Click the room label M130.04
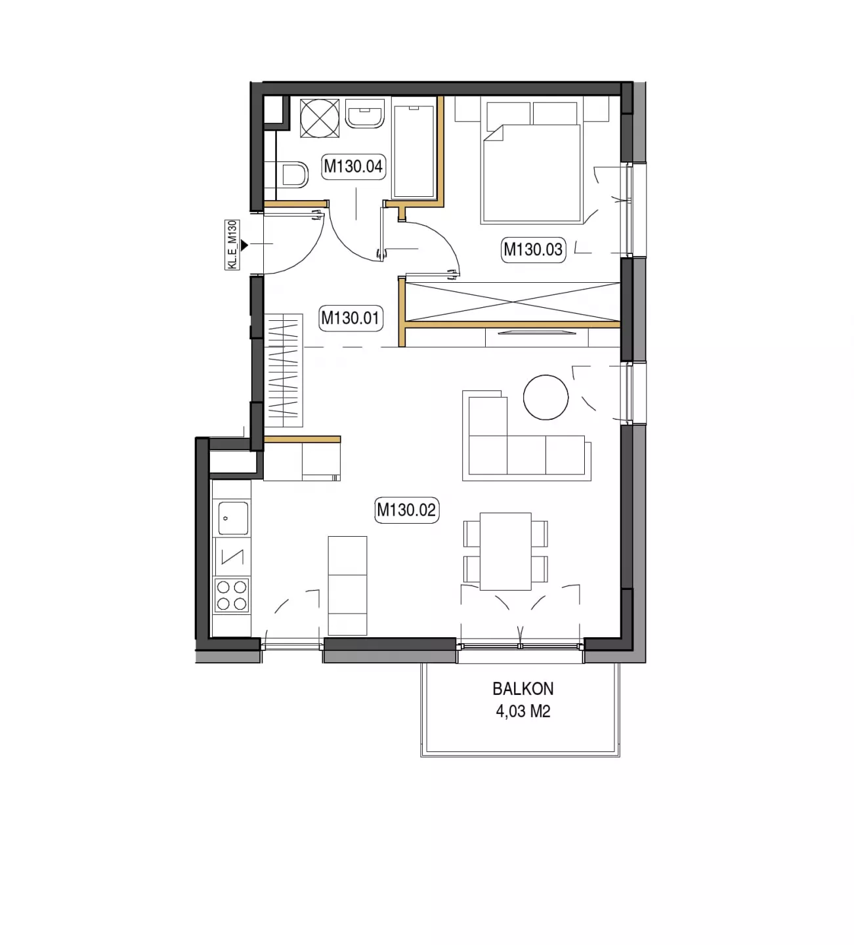tap(353, 167)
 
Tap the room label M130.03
tap(533, 249)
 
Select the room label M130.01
tap(350, 318)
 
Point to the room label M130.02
tap(406, 510)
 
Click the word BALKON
tap(523, 688)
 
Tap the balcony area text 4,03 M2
tap(523, 711)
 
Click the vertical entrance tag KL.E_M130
tap(232, 245)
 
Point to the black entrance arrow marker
tap(244, 245)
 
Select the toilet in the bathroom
tap(293, 175)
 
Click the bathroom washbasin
tap(365, 113)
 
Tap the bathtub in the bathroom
tap(414, 151)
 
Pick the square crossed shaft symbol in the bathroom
tap(320, 118)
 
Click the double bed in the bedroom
tap(531, 162)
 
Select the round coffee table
tap(545, 397)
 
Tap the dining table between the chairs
tap(505, 551)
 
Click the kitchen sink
tap(233, 518)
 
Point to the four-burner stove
tap(232, 595)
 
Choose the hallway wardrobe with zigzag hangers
tap(284, 371)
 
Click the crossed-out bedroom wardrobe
tap(512, 301)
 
